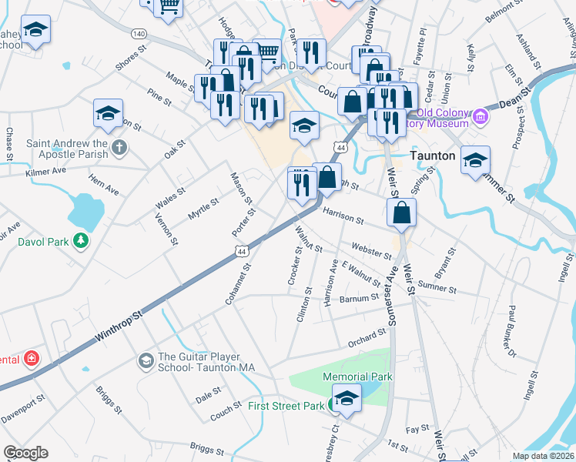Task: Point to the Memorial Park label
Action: [358, 377]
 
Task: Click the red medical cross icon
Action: [32, 360]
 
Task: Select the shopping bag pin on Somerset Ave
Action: [402, 213]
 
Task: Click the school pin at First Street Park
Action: [347, 400]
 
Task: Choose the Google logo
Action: [25, 453]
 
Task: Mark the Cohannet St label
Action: [239, 286]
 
